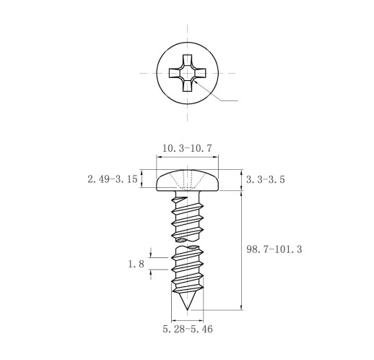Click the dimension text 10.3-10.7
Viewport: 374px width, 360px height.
point(187,148)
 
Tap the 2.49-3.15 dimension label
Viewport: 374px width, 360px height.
point(113,179)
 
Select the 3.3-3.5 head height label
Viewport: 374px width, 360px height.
point(266,179)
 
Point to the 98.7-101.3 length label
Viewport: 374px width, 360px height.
point(274,249)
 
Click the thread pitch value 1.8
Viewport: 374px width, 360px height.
point(136,264)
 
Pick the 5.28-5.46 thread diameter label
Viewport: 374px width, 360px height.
point(188,329)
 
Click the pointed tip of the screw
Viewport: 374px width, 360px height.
point(188,309)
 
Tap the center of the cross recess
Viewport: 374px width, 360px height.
point(187,73)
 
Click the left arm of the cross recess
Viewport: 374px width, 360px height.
point(175,73)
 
